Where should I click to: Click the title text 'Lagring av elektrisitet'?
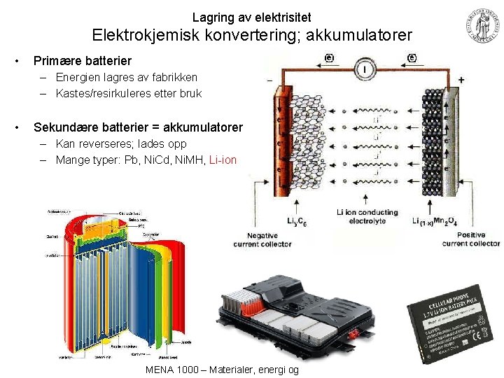click(x=252, y=16)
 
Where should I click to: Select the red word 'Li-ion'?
click(x=223, y=160)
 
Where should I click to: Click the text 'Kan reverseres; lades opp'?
click(x=121, y=144)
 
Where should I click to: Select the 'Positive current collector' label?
click(x=471, y=239)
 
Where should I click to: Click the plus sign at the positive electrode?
click(x=460, y=80)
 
